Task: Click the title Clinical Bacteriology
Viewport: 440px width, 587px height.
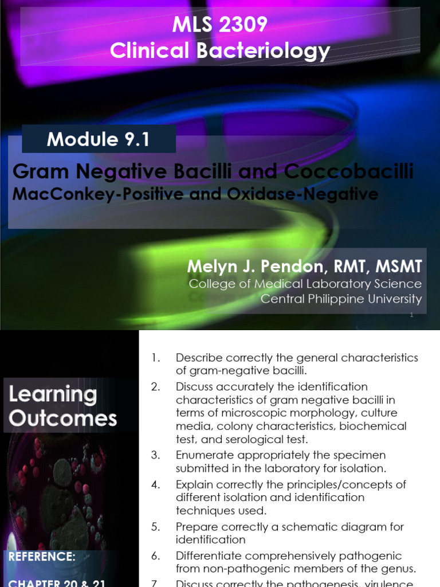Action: (220, 51)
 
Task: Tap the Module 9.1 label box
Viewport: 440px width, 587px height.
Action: (99, 139)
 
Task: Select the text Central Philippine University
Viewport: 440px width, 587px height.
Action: (341, 299)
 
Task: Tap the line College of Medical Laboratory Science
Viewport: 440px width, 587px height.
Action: (305, 284)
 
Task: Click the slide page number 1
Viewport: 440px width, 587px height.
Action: (411, 315)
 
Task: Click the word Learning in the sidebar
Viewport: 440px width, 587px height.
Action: (52, 394)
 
